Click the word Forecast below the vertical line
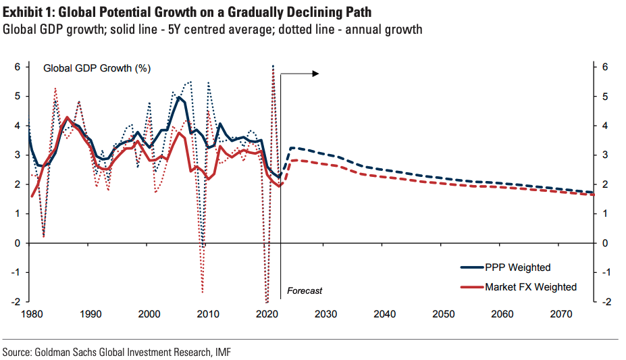[x=305, y=290]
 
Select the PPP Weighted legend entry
[x=517, y=267]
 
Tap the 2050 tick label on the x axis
[x=444, y=314]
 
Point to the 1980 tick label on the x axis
[x=31, y=314]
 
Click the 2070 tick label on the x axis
[x=561, y=314]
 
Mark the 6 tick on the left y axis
[x=18, y=67]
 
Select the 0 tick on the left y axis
[x=18, y=243]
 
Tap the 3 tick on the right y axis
[x=606, y=155]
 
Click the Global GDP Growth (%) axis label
[x=97, y=68]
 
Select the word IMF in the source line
[x=231, y=351]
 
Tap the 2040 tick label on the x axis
[x=384, y=314]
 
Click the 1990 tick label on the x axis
[x=90, y=314]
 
